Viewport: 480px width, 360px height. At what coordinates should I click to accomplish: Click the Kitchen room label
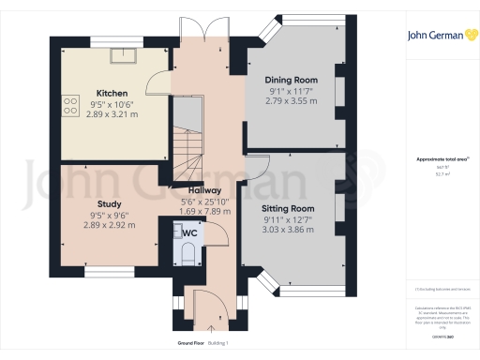point(112,94)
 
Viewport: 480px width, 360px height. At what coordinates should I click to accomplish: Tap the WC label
point(188,232)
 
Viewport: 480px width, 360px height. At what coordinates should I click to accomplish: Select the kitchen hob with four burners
point(69,108)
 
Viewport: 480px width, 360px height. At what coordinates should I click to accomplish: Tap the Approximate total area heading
point(442,159)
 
